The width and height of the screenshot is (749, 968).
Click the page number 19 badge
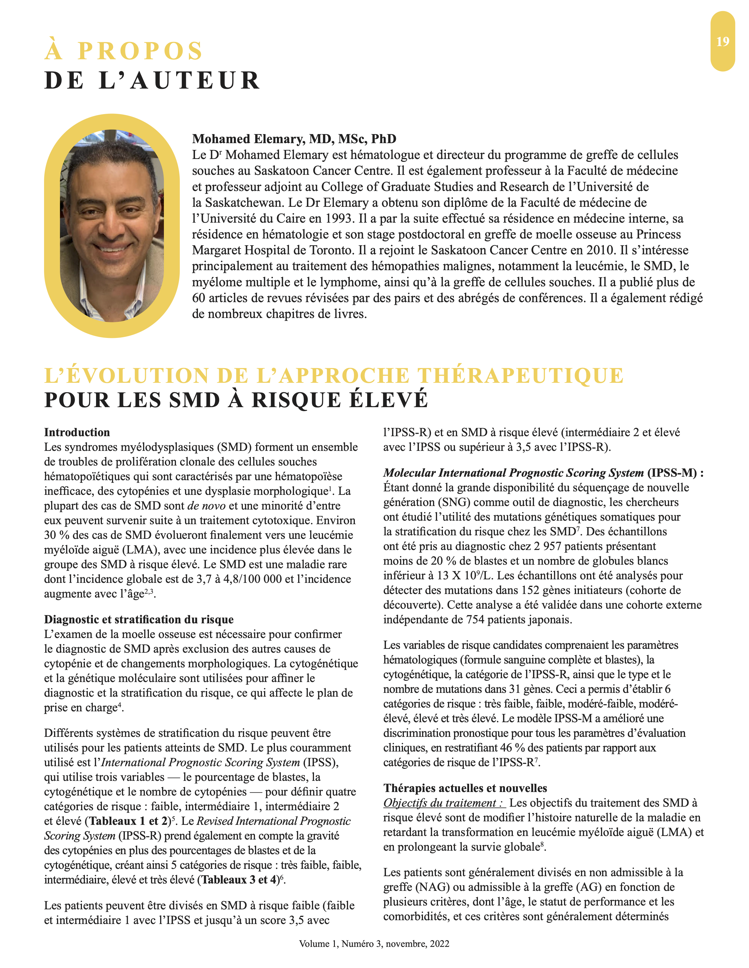722,41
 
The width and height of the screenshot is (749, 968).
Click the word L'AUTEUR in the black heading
179,81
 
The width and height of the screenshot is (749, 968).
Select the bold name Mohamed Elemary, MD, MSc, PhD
294,139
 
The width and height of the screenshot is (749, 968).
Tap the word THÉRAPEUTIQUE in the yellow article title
521,376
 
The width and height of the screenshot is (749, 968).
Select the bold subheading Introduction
77,432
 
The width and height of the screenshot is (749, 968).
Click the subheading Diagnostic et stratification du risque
138,619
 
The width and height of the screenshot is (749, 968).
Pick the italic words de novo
206,506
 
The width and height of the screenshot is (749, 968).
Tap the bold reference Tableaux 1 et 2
129,821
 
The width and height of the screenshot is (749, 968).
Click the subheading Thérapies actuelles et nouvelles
465,788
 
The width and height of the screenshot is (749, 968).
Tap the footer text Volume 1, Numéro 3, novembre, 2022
374,944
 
